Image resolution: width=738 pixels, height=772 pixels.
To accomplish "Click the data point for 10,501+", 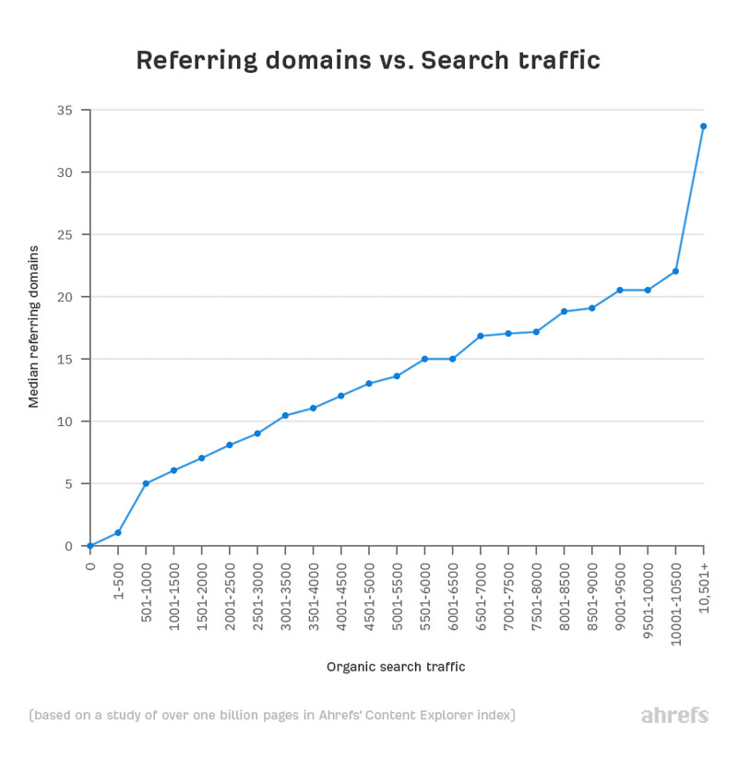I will (x=703, y=125).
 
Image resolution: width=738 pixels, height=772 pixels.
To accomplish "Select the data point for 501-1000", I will (x=146, y=483).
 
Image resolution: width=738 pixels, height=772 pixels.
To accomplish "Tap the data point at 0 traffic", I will (x=90, y=546).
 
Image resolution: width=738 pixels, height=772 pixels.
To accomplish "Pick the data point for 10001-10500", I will (x=675, y=271).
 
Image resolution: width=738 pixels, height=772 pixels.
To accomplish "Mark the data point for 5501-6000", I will (x=424, y=359).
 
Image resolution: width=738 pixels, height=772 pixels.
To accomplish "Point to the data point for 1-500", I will (x=118, y=532).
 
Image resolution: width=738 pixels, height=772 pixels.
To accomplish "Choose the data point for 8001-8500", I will (x=564, y=311).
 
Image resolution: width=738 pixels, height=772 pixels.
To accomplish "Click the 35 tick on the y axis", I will (x=67, y=110).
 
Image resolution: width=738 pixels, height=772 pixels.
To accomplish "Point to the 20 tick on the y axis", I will (x=67, y=297).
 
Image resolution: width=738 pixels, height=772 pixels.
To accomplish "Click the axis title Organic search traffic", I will (x=396, y=666).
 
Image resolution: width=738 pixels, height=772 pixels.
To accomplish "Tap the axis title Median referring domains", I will (x=34, y=327).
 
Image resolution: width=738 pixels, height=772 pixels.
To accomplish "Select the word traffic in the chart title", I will (x=563, y=61).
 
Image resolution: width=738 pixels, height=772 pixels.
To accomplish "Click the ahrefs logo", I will (x=674, y=716).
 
